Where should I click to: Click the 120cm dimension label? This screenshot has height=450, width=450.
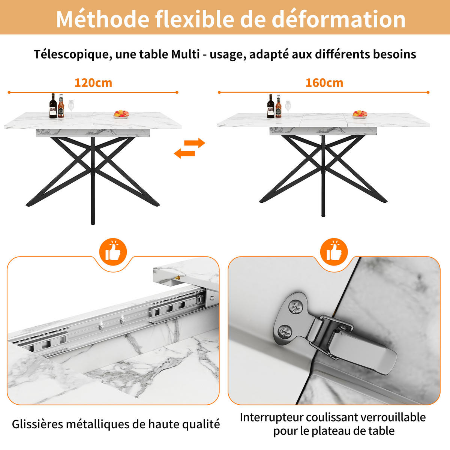point(93,83)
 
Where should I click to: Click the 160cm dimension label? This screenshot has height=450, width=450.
point(324,83)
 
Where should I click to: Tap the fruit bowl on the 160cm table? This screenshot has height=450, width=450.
point(360,114)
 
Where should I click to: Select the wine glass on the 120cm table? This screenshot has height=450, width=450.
point(71,108)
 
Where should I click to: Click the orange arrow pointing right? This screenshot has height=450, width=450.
point(195,142)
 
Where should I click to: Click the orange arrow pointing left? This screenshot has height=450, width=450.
point(184,154)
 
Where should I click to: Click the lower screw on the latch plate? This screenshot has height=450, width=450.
point(285,331)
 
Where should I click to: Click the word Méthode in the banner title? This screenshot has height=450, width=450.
point(102,19)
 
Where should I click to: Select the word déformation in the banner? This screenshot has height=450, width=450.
point(338,19)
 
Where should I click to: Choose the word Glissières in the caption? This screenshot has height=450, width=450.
point(37,424)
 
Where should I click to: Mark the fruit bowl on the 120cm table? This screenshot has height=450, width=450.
point(121,114)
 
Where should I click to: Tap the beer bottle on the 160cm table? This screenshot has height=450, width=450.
point(278,106)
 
